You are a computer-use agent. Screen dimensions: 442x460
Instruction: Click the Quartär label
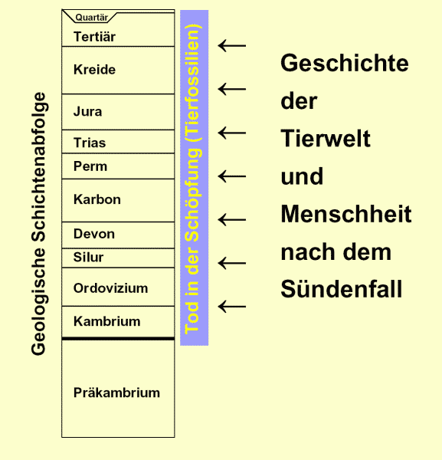pyautogui.click(x=92, y=18)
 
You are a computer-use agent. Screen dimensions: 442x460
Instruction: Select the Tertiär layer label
pyautogui.click(x=94, y=37)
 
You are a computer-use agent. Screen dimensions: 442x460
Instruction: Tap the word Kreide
pyautogui.click(x=94, y=70)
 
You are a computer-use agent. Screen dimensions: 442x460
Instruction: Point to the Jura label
pyautogui.click(x=87, y=111)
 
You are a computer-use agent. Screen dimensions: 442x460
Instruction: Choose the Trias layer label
pyautogui.click(x=90, y=143)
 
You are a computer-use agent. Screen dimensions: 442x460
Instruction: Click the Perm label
pyautogui.click(x=90, y=166)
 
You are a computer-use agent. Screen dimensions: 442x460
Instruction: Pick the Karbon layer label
pyautogui.click(x=97, y=199)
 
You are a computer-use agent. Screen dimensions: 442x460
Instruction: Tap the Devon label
pyautogui.click(x=94, y=234)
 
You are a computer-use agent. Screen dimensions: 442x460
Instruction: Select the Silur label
pyautogui.click(x=88, y=257)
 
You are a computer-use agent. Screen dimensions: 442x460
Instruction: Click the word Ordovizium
pyautogui.click(x=110, y=288)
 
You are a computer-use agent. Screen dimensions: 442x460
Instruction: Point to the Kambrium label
pyautogui.click(x=106, y=321)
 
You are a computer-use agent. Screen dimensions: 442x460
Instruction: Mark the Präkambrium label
pyautogui.click(x=116, y=393)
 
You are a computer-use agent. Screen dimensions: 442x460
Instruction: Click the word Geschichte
pyautogui.click(x=345, y=63)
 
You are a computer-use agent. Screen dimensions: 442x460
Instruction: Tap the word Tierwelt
pyautogui.click(x=326, y=138)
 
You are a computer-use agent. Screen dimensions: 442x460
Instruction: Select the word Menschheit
pyautogui.click(x=346, y=214)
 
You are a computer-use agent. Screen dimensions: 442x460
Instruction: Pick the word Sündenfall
pyautogui.click(x=342, y=289)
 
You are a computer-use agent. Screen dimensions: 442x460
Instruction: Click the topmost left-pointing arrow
pyautogui.click(x=232, y=46)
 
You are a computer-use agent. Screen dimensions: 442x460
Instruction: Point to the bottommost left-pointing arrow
pyautogui.click(x=232, y=307)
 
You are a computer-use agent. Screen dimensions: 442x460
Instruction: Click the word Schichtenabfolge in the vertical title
pyautogui.click(x=39, y=167)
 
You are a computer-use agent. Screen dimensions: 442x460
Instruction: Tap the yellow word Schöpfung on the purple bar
pyautogui.click(x=194, y=195)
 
